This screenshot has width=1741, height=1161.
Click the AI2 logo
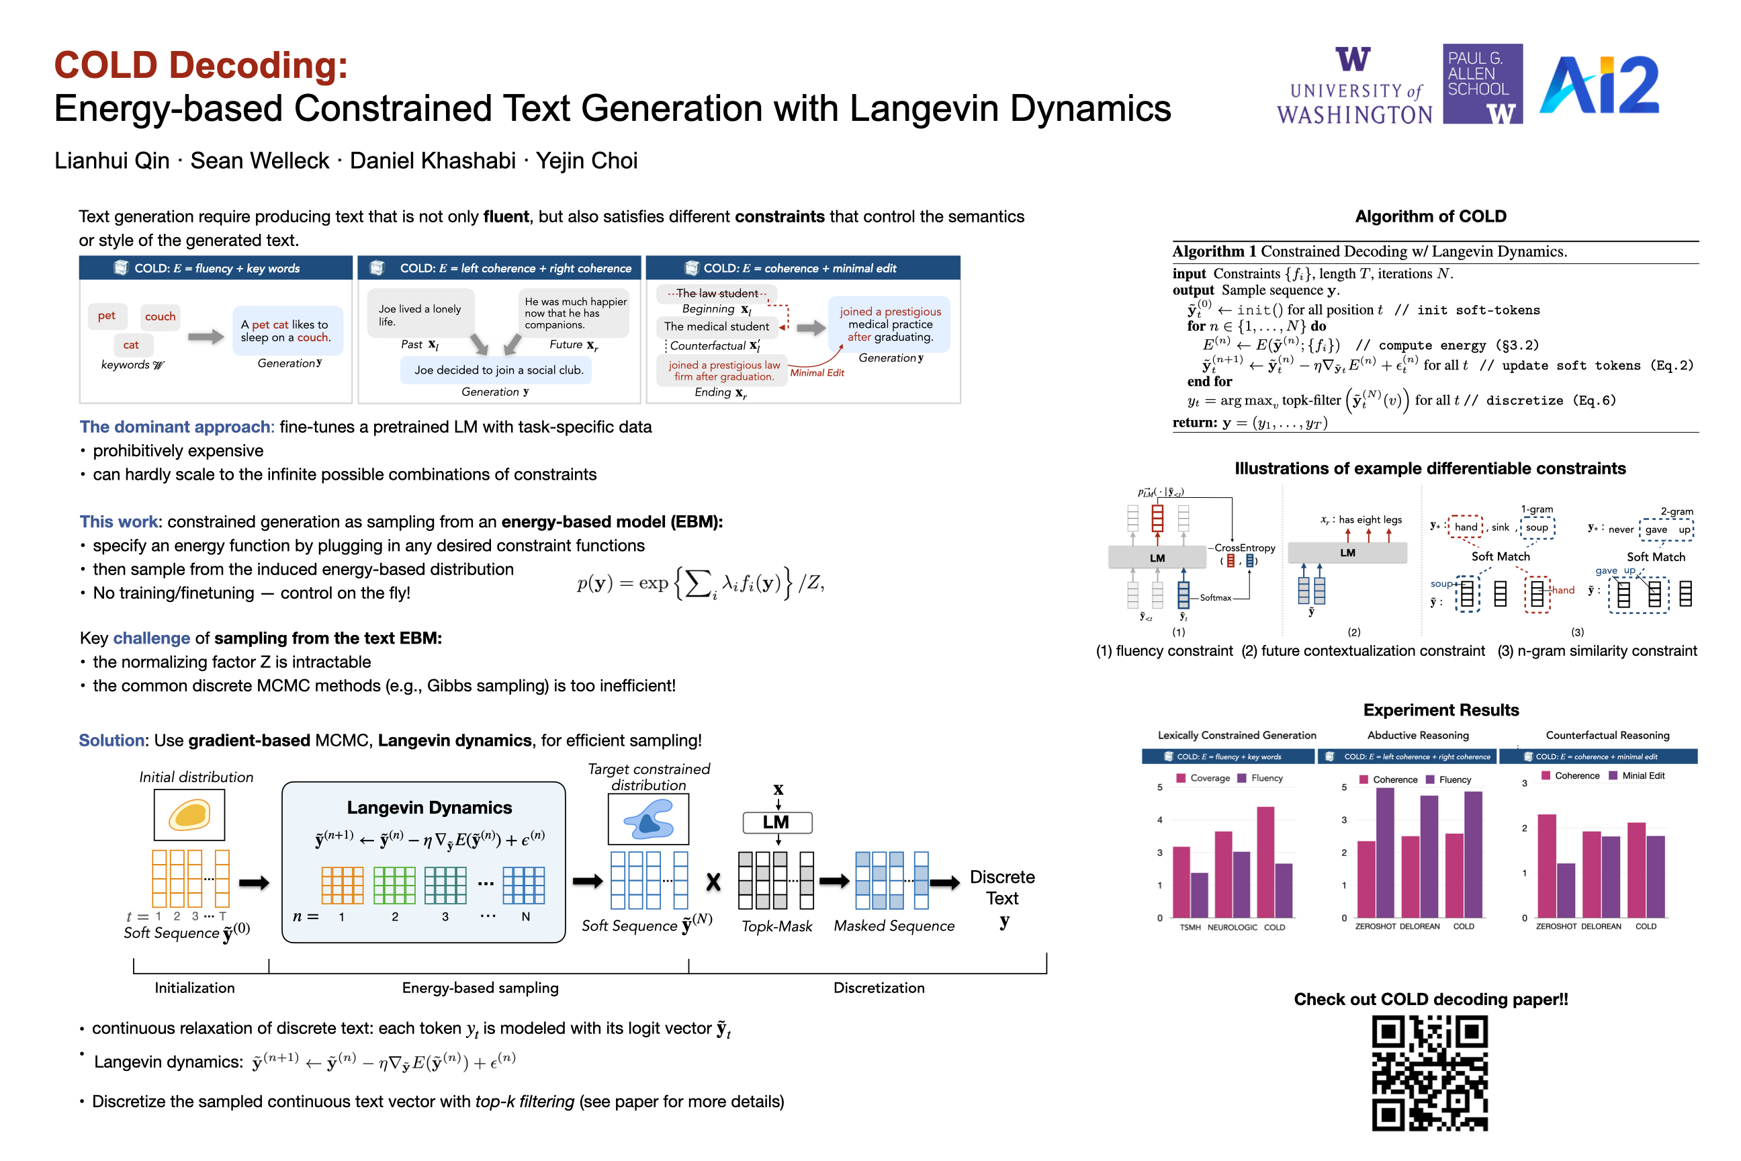[x=1599, y=85]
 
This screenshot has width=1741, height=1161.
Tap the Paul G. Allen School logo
[x=1482, y=84]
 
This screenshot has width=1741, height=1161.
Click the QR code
[x=1429, y=1073]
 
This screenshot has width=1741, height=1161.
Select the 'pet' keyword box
[x=107, y=316]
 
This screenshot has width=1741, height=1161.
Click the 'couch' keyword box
[x=160, y=317]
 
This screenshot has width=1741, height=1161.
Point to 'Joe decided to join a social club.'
[x=498, y=370]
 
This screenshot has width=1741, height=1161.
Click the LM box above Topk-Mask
[x=777, y=822]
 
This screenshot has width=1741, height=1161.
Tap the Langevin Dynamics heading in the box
[x=429, y=807]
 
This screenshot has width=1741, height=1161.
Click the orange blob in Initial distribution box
[x=189, y=814]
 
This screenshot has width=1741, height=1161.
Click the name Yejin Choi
[x=586, y=161]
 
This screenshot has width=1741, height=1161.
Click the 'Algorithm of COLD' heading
[x=1430, y=216]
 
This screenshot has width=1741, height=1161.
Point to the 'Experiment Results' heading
[x=1441, y=710]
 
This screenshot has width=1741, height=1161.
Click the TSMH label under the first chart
[x=1190, y=927]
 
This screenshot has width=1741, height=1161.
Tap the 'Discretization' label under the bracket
[x=879, y=988]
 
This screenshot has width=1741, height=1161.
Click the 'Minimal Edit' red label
[x=817, y=372]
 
